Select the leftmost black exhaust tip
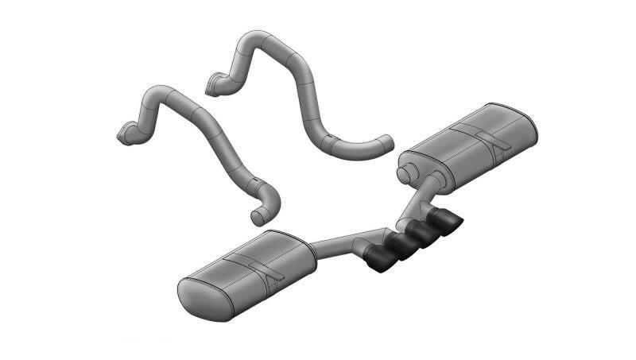point(380,259)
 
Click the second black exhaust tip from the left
point(401,246)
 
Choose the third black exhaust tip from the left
point(421,232)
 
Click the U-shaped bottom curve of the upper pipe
point(350,146)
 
